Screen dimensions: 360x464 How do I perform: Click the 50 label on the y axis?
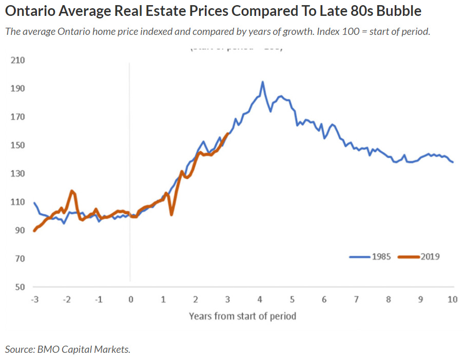20,287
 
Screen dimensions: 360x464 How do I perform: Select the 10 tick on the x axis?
453,300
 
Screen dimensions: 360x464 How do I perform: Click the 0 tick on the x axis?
130,300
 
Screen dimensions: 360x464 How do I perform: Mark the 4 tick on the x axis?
260,300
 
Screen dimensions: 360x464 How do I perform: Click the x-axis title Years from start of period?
242,316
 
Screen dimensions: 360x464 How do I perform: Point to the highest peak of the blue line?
263,82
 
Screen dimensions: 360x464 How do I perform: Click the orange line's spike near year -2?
72,191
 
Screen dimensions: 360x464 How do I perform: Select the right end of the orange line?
228,134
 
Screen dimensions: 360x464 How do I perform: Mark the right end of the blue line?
453,162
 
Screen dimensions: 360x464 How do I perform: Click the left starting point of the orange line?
34,231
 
